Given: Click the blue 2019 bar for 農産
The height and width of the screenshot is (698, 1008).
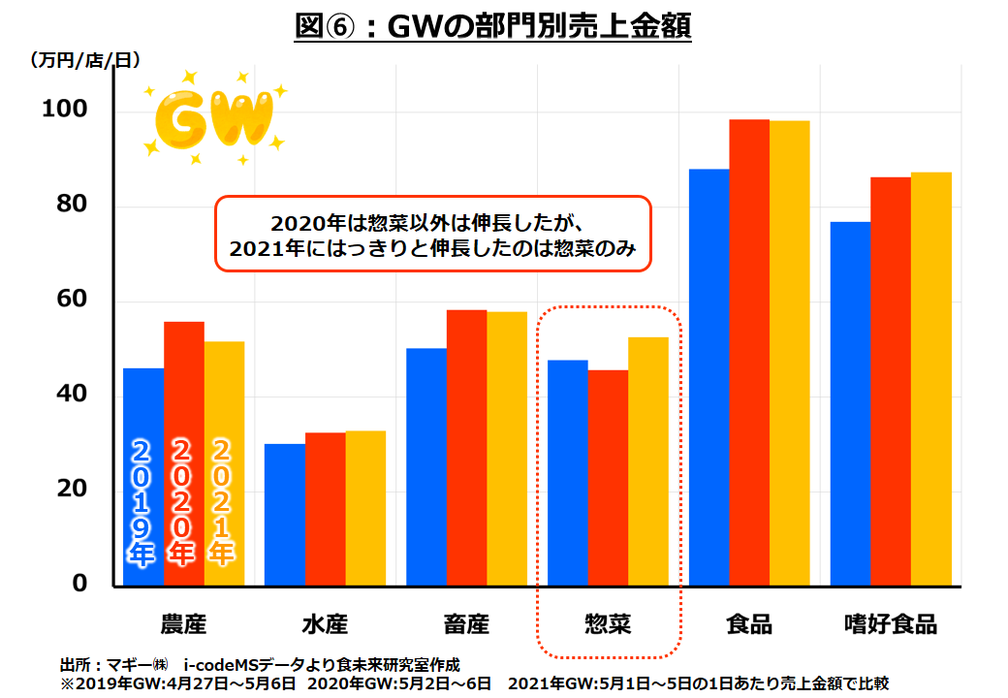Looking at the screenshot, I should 143,407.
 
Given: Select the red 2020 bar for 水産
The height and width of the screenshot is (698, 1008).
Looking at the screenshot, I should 325,509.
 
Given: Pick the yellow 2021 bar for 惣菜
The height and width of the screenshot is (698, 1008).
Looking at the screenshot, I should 647,460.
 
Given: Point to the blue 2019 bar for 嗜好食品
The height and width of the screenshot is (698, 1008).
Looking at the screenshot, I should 850,403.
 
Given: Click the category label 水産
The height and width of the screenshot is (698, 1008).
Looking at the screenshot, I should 325,623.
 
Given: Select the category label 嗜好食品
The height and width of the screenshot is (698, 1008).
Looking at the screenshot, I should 891,623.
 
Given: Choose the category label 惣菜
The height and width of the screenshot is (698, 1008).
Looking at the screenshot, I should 608,623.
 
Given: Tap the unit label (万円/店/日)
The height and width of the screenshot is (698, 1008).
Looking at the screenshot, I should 84,60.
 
